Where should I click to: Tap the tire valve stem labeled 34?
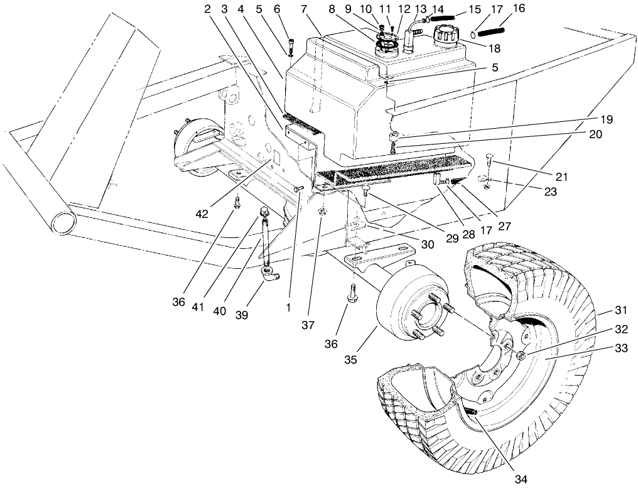(x=472, y=412)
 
